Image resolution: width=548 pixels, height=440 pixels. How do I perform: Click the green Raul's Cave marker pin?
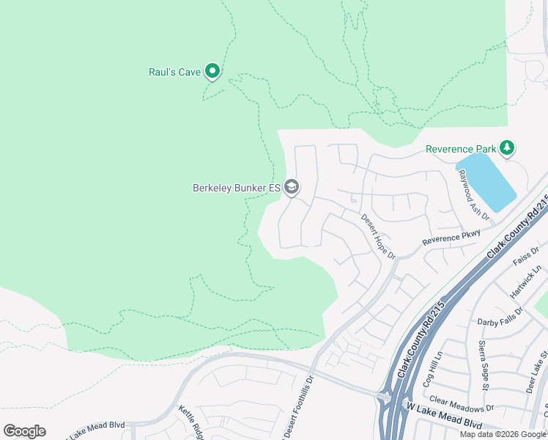click(212, 71)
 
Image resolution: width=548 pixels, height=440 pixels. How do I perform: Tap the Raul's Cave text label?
click(174, 72)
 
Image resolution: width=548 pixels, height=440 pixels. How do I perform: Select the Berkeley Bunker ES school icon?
click(292, 188)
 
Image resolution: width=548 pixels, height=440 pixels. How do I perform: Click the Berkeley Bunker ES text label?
click(237, 188)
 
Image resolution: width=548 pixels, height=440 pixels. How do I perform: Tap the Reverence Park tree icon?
click(506, 149)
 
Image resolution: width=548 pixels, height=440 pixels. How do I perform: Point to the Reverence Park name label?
click(461, 149)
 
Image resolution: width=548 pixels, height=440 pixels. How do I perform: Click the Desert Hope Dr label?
click(377, 236)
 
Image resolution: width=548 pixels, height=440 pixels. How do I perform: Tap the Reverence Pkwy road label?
click(451, 238)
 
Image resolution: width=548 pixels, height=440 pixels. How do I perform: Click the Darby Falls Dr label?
click(500, 316)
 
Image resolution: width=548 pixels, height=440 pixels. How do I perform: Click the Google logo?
click(24, 430)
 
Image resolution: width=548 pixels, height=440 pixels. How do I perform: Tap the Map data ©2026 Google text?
click(503, 434)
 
